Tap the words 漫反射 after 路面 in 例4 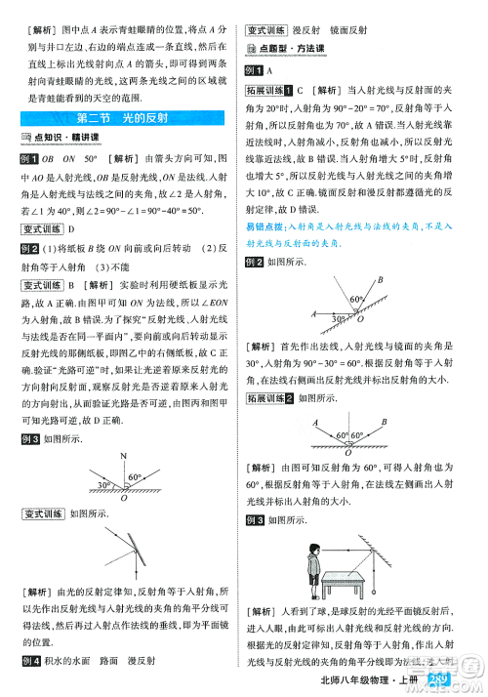pos(142,661)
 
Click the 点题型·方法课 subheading pos(289,49)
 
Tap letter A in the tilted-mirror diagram pos(313,313)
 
